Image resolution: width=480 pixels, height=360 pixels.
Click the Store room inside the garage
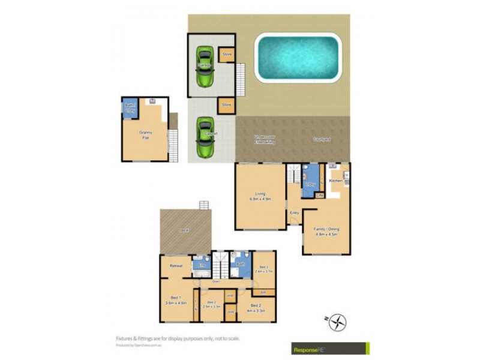pos(226,55)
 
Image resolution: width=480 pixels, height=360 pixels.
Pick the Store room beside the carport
pos(226,104)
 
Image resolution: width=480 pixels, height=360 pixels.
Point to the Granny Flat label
pos(145,135)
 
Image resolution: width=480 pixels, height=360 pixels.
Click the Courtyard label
pos(322,139)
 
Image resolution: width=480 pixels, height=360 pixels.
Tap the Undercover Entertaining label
pos(264,140)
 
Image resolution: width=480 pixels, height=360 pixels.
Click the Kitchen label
pos(335,181)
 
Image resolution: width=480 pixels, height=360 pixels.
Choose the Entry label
pos(295,213)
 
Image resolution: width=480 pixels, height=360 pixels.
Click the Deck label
pos(184,230)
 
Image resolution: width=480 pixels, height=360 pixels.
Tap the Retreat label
pos(176,265)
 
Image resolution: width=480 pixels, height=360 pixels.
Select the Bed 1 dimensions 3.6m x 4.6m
pos(175,303)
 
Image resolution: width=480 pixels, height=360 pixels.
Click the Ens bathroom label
pos(202,264)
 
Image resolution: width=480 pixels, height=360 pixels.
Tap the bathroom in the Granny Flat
pos(130,107)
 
